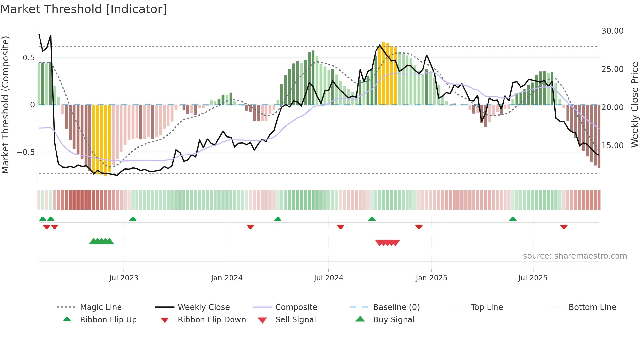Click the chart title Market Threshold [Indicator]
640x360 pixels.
[84, 9]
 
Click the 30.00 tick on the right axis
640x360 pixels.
[612, 31]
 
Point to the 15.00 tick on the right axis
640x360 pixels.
[612, 146]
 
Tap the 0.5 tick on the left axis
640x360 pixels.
[28, 58]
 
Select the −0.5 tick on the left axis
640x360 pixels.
[25, 152]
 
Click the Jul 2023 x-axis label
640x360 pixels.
[124, 278]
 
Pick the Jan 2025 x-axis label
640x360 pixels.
[431, 278]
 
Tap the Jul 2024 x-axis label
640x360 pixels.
[328, 278]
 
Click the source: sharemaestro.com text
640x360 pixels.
[575, 256]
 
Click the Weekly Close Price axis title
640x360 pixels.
[634, 105]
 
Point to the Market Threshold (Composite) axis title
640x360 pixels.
[5, 105]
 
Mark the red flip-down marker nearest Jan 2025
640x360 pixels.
[419, 227]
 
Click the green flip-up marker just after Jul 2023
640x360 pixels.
[133, 219]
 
